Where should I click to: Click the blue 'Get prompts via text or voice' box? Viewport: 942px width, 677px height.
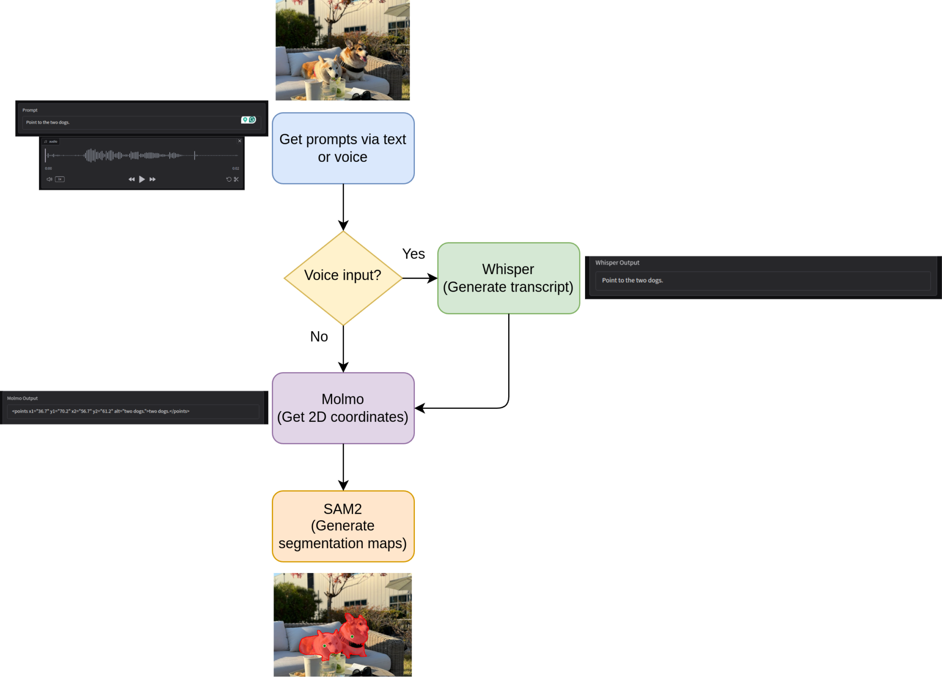(x=343, y=148)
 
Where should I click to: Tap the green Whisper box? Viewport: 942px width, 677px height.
(x=508, y=278)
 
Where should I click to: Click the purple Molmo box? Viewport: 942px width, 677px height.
(x=343, y=408)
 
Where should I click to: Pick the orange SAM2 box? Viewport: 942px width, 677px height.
(x=343, y=526)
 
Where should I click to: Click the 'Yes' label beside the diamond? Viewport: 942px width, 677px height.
(x=413, y=254)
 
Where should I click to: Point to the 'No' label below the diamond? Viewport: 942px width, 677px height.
(x=319, y=337)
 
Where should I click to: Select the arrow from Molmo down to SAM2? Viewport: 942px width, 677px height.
(x=343, y=467)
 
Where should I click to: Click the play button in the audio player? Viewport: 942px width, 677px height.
(x=142, y=179)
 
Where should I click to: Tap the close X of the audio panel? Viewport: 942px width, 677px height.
(x=240, y=141)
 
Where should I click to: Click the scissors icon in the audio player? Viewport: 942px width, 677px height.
(x=236, y=179)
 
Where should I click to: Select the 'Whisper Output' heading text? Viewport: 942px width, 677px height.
(x=617, y=263)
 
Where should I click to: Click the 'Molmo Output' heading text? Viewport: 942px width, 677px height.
(x=22, y=398)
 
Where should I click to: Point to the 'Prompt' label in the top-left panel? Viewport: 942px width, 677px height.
(x=30, y=110)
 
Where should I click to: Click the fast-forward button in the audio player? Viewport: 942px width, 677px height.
(x=153, y=179)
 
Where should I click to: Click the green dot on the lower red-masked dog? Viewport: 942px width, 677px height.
(x=325, y=646)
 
